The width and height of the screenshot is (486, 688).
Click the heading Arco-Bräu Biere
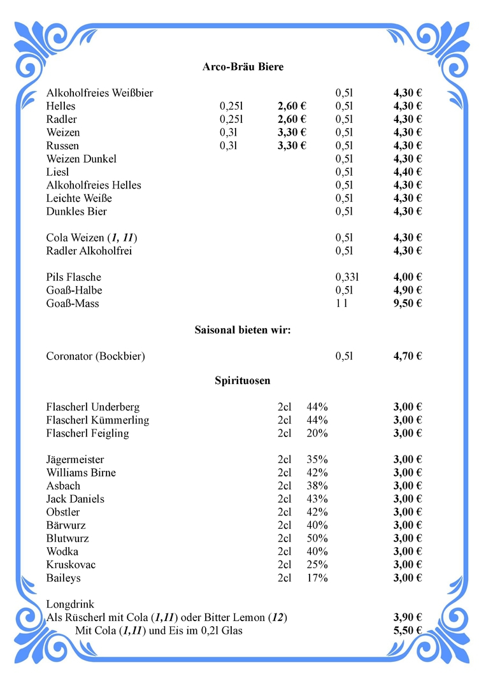pos(243,67)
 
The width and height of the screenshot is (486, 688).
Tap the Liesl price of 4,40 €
pos(408,172)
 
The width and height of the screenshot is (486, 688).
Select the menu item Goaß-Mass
pos(73,304)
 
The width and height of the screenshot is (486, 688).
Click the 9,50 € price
pos(408,304)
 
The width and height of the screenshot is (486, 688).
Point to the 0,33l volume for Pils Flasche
pos(347,277)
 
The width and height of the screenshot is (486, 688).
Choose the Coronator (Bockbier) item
pos(96,357)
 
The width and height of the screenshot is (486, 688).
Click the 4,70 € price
pos(408,357)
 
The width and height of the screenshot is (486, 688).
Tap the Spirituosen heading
pos(243,381)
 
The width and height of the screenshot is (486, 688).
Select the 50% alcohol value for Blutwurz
pos(317,539)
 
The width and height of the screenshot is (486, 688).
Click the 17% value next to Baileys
pos(317,578)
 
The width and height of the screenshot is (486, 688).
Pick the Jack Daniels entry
pos(75,499)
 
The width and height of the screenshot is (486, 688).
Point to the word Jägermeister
pos(75,460)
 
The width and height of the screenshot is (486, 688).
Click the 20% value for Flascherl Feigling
pos(317,434)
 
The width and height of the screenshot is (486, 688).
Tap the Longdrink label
pos(70,604)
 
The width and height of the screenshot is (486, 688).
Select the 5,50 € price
pos(408,631)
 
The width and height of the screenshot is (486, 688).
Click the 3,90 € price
pos(408,617)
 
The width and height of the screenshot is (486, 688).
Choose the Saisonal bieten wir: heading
pos(243,330)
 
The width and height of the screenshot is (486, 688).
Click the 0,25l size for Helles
pos(232,106)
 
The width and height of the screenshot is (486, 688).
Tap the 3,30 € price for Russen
pos(292,146)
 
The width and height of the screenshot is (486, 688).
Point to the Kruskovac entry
pos(71,565)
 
